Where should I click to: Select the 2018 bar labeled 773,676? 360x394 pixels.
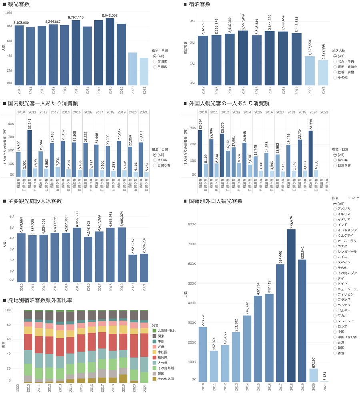291,306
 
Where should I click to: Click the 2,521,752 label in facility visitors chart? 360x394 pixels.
132,243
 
